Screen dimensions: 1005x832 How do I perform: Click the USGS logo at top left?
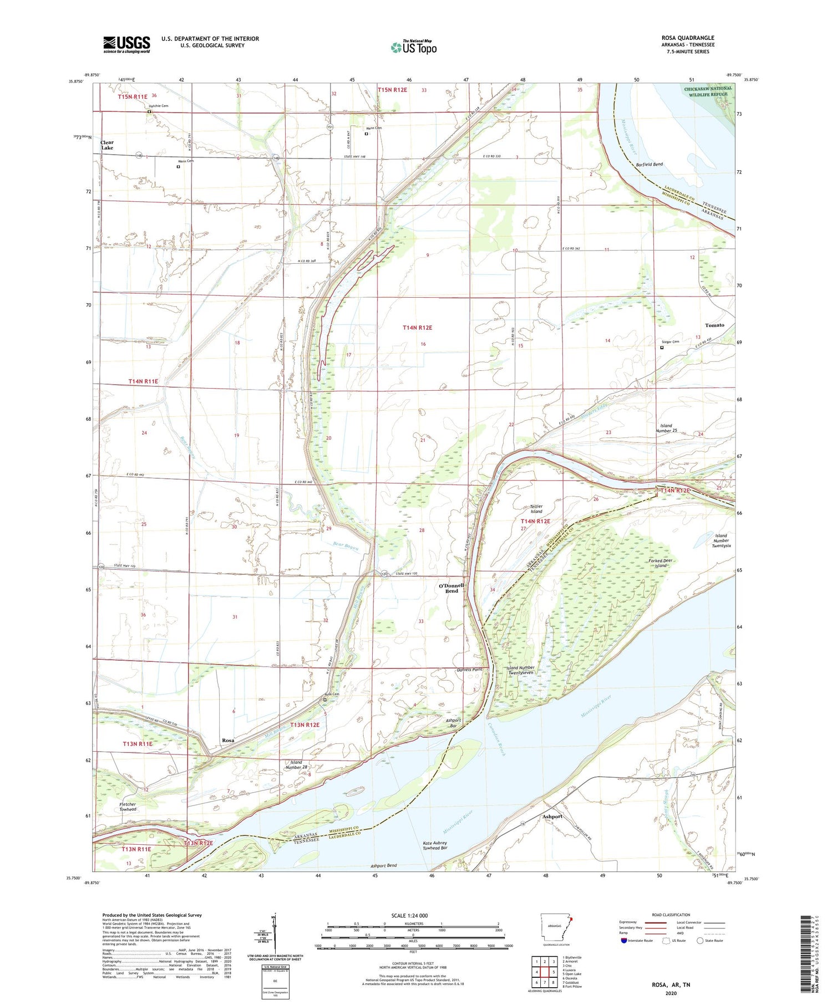point(126,44)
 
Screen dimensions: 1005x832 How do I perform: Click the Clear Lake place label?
point(107,145)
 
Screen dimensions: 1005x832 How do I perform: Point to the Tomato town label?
point(714,325)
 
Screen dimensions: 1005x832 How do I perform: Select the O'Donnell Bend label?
point(451,588)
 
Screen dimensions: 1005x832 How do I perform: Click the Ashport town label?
point(552,817)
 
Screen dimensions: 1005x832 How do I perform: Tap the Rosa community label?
point(228,741)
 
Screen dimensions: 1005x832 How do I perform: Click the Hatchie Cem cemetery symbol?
point(149,112)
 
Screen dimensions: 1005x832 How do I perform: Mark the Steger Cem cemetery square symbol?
point(662,348)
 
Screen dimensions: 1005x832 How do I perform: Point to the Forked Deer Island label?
point(660,563)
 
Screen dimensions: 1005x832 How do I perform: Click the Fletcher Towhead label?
point(128,807)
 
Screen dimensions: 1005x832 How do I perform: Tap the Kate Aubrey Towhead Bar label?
point(434,845)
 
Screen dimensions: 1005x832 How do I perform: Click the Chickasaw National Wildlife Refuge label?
point(708,91)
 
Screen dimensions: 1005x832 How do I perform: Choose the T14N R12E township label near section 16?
point(417,328)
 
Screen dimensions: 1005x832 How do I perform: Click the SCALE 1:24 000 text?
point(409,915)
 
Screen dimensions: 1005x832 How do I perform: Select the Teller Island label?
point(536,509)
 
